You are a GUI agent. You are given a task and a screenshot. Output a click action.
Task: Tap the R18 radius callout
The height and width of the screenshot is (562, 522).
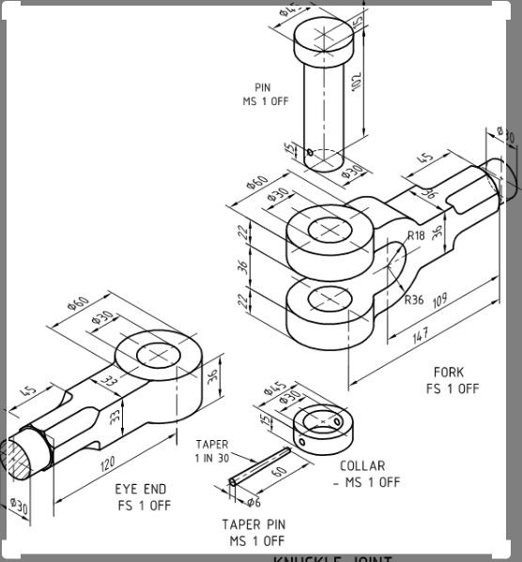(416, 236)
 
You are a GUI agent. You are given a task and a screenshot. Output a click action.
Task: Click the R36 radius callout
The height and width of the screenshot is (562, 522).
(414, 301)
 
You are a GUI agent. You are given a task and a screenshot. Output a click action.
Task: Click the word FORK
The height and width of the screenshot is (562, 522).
(448, 372)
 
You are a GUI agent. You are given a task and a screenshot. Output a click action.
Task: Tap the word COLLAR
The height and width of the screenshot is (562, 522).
(362, 465)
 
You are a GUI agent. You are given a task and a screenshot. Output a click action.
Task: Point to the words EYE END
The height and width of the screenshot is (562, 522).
(141, 489)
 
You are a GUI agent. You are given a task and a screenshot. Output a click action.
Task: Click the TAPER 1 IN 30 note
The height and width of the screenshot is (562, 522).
(211, 451)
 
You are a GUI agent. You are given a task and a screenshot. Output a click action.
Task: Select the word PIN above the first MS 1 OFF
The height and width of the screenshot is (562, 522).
(262, 87)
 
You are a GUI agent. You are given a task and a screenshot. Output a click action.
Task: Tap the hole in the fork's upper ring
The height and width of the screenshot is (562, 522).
(326, 229)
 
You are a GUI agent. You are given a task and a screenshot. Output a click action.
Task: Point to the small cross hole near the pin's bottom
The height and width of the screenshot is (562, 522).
(309, 150)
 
